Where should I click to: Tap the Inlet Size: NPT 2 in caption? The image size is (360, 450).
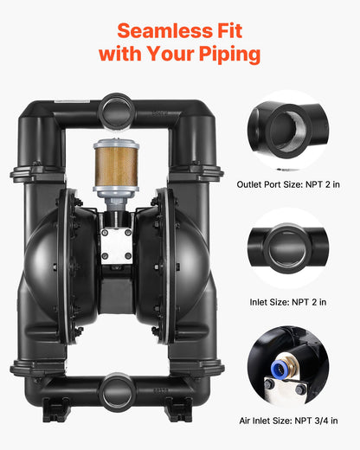pyautogui.click(x=288, y=302)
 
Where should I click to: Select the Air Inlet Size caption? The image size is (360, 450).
pyautogui.click(x=288, y=420)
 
